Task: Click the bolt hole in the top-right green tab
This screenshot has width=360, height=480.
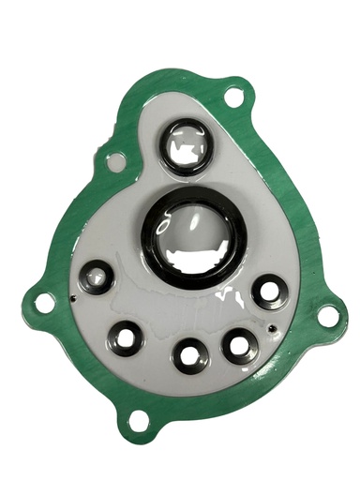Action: point(235,94)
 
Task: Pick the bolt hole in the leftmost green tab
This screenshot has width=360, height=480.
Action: point(43,302)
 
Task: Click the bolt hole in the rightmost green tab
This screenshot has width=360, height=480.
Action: point(327,316)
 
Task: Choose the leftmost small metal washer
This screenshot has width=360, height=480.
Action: point(96,277)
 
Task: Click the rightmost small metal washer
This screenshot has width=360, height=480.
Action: point(270,291)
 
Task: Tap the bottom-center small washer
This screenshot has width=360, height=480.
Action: point(190,356)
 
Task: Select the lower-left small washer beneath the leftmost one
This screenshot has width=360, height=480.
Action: point(126,334)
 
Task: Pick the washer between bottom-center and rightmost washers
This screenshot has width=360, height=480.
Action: point(238,345)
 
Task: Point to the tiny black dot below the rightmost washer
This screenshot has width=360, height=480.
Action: point(272,329)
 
